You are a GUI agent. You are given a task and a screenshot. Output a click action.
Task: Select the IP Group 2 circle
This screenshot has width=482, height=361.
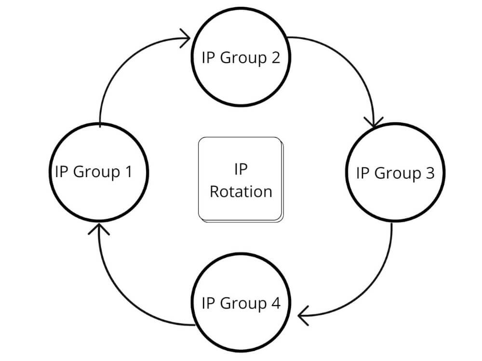tap(241, 58)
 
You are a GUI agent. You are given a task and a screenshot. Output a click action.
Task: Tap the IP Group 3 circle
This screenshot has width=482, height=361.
tap(395, 173)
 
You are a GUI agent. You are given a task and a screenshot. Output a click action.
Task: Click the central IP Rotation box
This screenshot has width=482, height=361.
tap(241, 180)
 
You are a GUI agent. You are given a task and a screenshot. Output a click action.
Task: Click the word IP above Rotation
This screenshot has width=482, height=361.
tap(241, 169)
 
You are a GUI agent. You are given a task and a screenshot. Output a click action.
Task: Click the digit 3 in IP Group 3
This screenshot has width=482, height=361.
tap(429, 173)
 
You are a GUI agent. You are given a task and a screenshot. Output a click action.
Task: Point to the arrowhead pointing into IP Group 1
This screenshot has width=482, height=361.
tap(99, 228)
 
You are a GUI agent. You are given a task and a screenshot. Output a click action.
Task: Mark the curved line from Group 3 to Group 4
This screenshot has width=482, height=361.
tap(376, 289)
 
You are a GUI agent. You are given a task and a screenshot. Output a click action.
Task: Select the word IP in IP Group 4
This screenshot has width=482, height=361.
tap(208, 303)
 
